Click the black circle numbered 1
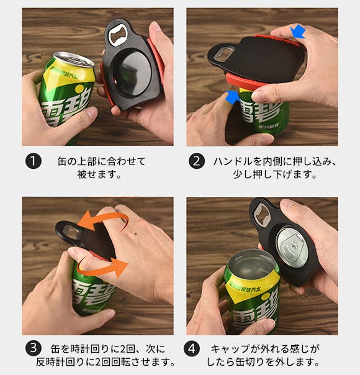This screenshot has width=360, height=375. point(34,161)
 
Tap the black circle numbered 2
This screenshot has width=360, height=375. point(197,161)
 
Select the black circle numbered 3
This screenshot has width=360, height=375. point(34,348)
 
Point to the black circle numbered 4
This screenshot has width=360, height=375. point(192,349)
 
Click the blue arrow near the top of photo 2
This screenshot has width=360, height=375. point(297,32)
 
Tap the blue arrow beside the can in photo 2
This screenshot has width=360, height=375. point(232,97)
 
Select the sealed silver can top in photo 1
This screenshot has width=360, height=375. point(74,60)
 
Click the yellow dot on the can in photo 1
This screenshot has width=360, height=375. point(79,89)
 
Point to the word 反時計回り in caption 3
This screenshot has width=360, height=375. point(60,362)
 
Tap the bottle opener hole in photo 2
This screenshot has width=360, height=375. point(222,53)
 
